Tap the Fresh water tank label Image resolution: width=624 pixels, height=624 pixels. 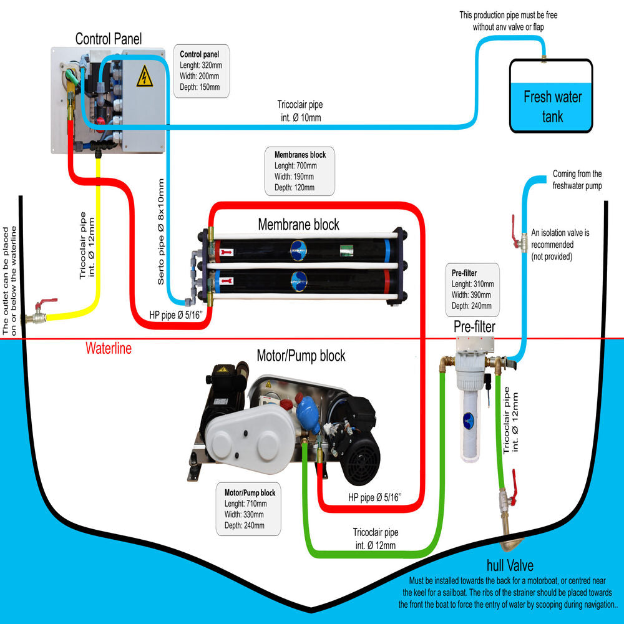[x=552, y=107]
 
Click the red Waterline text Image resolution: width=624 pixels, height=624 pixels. [x=109, y=348]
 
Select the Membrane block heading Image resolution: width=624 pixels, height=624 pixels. [x=298, y=224]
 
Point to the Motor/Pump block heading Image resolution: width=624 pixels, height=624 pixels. [x=301, y=356]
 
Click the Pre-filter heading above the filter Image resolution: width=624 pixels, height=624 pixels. [x=474, y=326]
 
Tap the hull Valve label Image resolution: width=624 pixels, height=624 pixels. [x=510, y=566]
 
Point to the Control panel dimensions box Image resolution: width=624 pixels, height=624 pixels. [x=200, y=71]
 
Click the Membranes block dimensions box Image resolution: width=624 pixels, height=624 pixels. [x=300, y=170]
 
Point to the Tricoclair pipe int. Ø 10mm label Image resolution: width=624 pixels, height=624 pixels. [x=300, y=110]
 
